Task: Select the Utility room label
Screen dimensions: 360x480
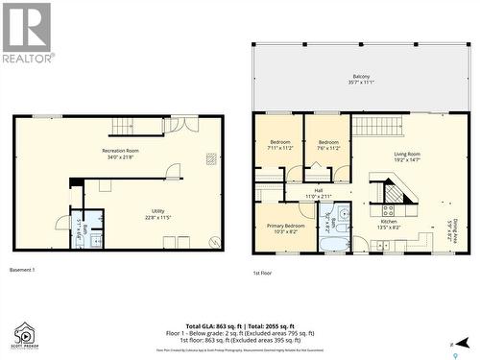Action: [158, 214]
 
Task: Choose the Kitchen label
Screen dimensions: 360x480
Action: [389, 224]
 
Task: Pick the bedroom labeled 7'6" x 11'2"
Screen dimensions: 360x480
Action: [328, 145]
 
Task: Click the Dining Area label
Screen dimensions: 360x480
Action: [452, 230]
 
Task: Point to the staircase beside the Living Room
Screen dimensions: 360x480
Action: [376, 125]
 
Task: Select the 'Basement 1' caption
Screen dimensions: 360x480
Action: [22, 270]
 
